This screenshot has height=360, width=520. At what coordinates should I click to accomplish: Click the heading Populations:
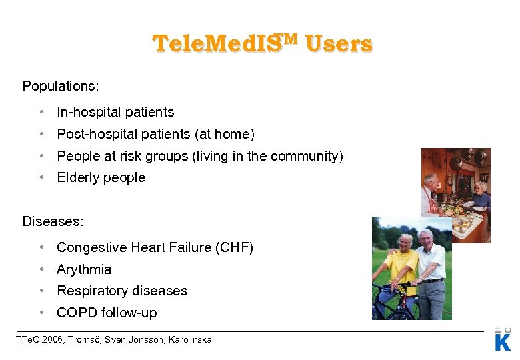point(60,87)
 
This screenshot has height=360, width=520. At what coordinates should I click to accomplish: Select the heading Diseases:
point(53,221)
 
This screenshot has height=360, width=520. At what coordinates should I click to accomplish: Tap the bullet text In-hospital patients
point(115,113)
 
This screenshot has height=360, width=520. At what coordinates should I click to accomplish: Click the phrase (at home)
point(225,135)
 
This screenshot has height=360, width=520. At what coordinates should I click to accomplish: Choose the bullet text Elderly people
point(101,178)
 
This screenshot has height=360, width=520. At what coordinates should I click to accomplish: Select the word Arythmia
point(84,270)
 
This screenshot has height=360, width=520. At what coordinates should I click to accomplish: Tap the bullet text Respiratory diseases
point(122,291)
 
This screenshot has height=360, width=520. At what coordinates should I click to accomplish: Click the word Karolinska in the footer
point(189,340)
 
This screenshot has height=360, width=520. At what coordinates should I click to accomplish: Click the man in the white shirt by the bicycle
point(431,267)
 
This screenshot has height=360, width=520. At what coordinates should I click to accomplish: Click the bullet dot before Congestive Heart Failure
point(41,248)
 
